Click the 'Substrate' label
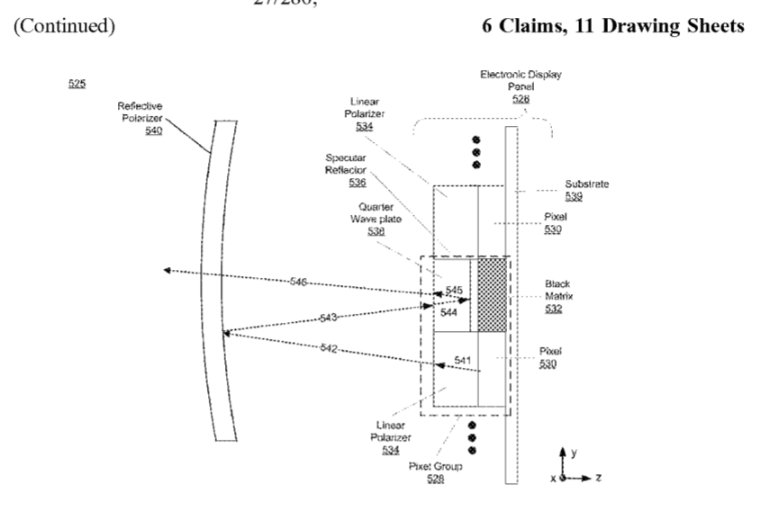587,184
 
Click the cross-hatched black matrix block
492,294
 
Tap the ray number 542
331,347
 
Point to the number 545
454,290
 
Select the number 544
448,312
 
